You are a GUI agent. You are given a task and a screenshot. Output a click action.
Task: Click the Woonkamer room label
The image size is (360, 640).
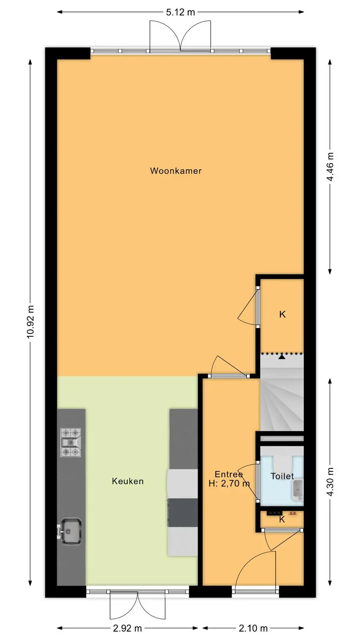click(176, 171)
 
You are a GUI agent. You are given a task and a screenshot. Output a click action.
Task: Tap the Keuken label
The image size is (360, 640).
click(128, 481)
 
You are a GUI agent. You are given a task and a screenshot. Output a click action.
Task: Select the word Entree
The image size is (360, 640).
click(228, 474)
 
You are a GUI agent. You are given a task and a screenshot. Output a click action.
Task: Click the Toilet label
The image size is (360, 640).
click(282, 476)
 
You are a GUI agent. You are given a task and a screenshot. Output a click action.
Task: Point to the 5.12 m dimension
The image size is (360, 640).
click(180, 12)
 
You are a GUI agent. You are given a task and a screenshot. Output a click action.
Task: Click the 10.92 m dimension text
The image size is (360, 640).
click(30, 322)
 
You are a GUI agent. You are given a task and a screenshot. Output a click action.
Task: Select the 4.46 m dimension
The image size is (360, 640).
click(330, 166)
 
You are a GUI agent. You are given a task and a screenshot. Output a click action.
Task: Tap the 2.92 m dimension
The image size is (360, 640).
click(128, 628)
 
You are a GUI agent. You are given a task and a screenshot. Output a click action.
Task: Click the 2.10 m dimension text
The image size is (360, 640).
click(253, 628)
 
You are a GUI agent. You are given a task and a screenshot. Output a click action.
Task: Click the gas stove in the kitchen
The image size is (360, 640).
click(70, 442)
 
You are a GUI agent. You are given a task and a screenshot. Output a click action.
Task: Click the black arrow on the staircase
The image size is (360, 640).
click(282, 356)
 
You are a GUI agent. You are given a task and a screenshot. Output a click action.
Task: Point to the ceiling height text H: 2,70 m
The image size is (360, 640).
click(229, 484)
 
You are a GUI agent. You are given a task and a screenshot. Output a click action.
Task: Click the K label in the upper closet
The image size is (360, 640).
click(282, 314)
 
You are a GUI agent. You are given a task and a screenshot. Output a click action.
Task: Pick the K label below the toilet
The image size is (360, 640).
click(282, 519)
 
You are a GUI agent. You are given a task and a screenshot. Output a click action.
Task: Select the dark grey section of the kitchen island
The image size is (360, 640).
click(183, 513)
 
